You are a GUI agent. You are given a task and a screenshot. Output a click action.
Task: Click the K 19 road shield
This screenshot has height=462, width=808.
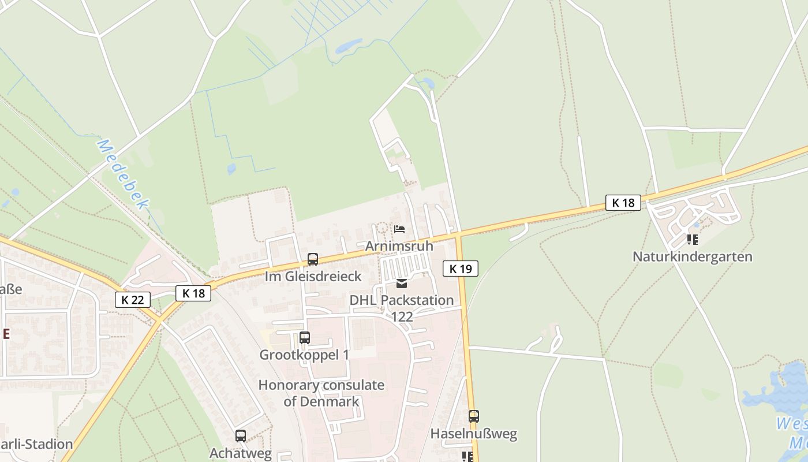461,269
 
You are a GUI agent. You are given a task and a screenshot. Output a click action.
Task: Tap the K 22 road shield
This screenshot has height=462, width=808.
133,300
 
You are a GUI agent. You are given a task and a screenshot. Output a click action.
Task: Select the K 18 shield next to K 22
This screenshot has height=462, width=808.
193,293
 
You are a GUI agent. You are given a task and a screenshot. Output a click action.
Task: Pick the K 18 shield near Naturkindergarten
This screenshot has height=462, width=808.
623,203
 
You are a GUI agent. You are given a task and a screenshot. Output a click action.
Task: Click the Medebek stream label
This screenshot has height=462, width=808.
123,173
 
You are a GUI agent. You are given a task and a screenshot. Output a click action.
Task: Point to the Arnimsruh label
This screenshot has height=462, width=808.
399,245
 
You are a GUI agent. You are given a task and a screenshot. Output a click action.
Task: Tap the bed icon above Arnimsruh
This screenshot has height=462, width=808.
399,229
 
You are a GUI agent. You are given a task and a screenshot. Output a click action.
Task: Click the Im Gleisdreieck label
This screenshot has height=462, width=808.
313,276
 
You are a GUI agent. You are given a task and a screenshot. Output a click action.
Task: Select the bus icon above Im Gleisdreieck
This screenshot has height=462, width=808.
313,259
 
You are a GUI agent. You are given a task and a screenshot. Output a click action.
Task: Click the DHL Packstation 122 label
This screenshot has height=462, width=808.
402,308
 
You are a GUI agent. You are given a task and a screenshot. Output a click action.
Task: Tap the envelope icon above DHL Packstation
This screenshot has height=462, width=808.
402,284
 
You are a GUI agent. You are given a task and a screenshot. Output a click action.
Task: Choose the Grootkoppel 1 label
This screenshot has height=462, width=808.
304,355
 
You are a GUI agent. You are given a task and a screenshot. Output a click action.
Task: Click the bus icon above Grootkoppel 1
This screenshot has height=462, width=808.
305,338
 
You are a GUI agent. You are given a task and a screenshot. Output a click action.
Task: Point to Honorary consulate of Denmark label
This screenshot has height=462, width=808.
321,393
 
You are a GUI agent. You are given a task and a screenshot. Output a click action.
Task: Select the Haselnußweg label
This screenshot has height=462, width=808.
474,433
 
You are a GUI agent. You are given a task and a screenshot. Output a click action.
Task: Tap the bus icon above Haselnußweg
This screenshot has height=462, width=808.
474,416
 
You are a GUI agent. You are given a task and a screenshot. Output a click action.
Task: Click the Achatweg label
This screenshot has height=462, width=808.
240,453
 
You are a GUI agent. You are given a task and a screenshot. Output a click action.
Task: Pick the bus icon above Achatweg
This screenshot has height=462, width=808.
241,436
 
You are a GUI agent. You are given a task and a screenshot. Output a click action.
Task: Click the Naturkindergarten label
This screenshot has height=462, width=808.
693,256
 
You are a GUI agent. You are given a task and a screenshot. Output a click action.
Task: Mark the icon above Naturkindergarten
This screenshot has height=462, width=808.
693,240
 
